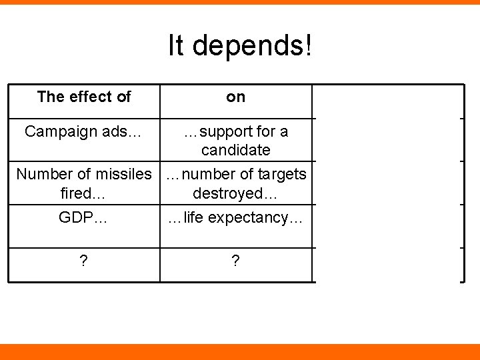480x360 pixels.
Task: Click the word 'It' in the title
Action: [x=177, y=45]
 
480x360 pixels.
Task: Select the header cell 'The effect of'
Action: [x=84, y=97]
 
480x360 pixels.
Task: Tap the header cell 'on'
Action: [x=235, y=97]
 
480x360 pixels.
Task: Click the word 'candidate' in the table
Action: [x=235, y=150]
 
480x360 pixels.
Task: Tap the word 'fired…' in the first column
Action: [x=83, y=193]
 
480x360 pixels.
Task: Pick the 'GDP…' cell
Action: [x=83, y=218]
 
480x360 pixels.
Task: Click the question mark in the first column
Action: [x=83, y=261]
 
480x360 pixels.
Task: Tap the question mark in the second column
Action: [x=235, y=261]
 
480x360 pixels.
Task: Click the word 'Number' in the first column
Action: [x=41, y=174]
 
